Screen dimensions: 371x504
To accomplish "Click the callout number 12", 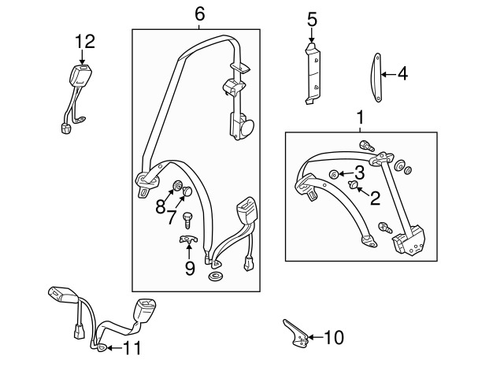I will click(x=83, y=40).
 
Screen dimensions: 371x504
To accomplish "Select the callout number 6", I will click(x=199, y=13).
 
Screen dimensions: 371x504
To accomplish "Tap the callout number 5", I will click(x=311, y=17).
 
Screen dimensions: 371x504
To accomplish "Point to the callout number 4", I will click(x=402, y=75).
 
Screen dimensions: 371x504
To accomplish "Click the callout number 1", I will click(x=361, y=118).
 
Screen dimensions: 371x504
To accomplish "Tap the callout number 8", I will click(x=160, y=207).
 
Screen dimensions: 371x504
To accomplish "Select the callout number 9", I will click(x=189, y=269).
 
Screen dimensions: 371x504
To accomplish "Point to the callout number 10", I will click(x=334, y=338).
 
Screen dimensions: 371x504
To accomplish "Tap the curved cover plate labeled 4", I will click(x=375, y=76).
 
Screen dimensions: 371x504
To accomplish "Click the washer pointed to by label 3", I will click(x=334, y=174).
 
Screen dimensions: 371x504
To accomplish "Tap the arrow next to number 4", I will click(x=387, y=76).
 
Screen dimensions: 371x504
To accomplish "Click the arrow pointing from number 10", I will click(x=313, y=338).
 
